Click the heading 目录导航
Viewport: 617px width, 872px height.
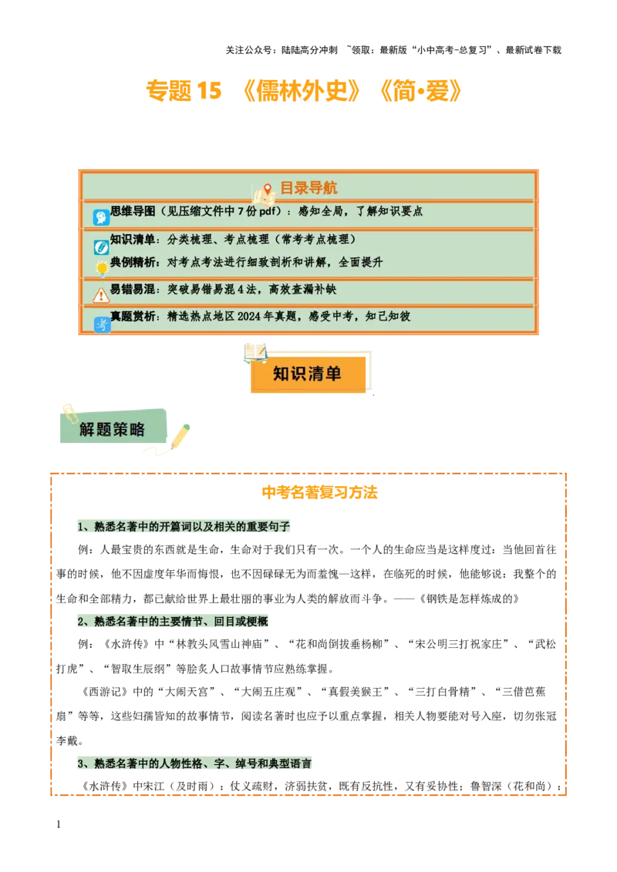(308, 188)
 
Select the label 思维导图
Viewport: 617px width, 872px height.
(133, 210)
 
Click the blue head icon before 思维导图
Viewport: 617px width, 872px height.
(101, 217)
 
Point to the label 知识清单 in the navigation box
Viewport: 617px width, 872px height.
(133, 239)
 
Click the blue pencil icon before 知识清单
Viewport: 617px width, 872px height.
(101, 247)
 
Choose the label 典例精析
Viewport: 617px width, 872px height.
(133, 262)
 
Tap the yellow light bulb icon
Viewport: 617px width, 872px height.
(101, 268)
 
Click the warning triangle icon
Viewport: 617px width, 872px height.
(101, 295)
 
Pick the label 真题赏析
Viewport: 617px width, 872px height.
(133, 316)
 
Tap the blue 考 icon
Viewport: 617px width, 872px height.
(101, 324)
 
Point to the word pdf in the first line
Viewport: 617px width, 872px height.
(266, 210)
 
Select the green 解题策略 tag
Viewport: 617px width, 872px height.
(113, 429)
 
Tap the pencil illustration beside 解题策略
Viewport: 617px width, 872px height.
(180, 436)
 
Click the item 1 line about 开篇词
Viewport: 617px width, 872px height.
(185, 527)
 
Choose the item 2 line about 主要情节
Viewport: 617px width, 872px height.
(173, 621)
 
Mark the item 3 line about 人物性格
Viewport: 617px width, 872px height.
(194, 763)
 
